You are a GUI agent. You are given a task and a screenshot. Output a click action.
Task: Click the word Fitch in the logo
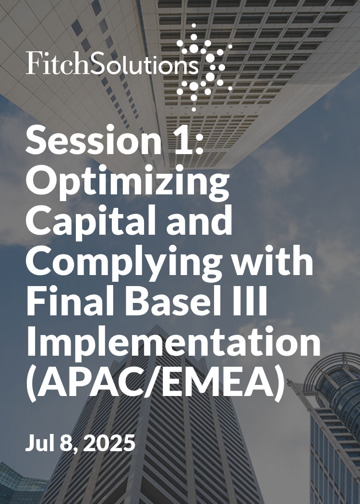tap(53, 63)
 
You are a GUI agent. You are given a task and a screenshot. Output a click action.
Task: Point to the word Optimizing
tap(127, 182)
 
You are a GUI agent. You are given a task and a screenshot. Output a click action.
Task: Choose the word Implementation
tap(173, 343)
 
